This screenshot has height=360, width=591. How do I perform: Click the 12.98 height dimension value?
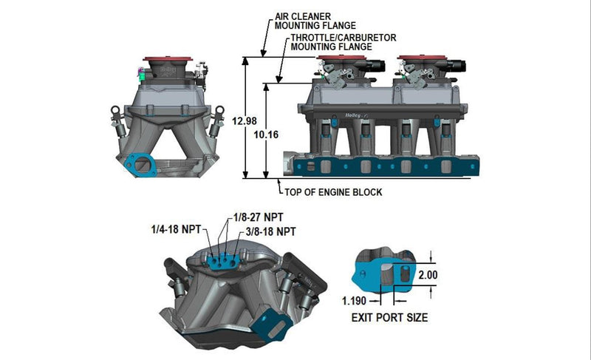pyautogui.click(x=243, y=120)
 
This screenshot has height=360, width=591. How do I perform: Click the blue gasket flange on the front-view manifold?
pyautogui.click(x=138, y=165)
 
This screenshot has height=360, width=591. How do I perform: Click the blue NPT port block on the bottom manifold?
pyautogui.click(x=223, y=260)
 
